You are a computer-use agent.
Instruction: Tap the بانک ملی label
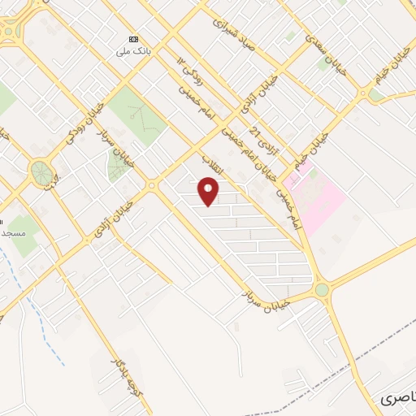click(133, 50)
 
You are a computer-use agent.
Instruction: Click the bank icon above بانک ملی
click(133, 39)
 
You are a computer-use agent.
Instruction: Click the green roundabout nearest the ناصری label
click(322, 289)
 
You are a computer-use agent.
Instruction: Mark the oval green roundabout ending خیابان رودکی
click(39, 171)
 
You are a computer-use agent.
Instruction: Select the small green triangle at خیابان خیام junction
click(375, 95)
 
